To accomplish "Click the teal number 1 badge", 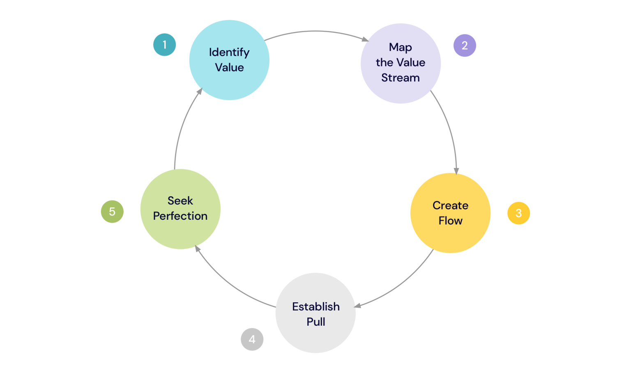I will pyautogui.click(x=164, y=45).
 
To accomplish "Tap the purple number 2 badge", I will pyautogui.click(x=465, y=46).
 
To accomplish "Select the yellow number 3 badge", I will pyautogui.click(x=518, y=213).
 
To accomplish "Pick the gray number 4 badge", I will pyautogui.click(x=252, y=339).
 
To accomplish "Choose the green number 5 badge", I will pyautogui.click(x=112, y=212).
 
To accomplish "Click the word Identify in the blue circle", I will pyautogui.click(x=229, y=52).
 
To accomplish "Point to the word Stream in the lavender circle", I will pyautogui.click(x=401, y=78).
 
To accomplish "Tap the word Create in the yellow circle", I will pyautogui.click(x=450, y=205).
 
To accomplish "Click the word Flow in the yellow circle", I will pyautogui.click(x=450, y=221).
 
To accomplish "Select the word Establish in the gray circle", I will pyautogui.click(x=316, y=306).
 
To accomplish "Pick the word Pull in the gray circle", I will pyautogui.click(x=316, y=322).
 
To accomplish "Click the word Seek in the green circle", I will pyautogui.click(x=180, y=200).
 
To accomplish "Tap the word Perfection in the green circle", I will pyautogui.click(x=180, y=216).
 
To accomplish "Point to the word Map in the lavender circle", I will pyautogui.click(x=401, y=47).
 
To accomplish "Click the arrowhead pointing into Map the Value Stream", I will pyautogui.click(x=365, y=39).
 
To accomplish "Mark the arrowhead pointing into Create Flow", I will pyautogui.click(x=456, y=171).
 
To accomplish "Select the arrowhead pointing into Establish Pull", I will pyautogui.click(x=357, y=305).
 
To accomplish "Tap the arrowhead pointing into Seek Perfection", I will pyautogui.click(x=198, y=248).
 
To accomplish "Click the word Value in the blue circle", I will pyautogui.click(x=229, y=67).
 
